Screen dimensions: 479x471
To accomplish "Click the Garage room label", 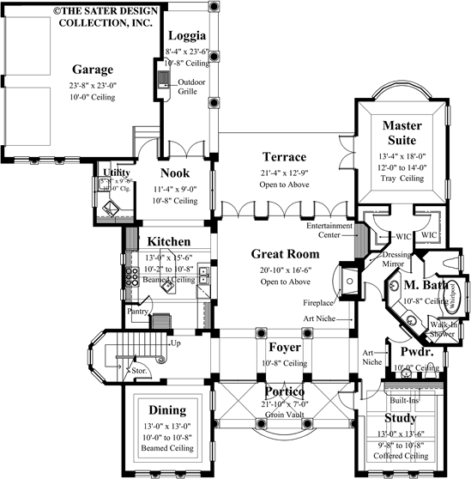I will click(94, 69).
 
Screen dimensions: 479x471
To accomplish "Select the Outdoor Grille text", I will click(191, 88).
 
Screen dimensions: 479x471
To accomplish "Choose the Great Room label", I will click(285, 254).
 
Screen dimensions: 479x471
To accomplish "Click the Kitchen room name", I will click(169, 242).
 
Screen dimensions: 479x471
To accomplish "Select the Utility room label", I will click(117, 173).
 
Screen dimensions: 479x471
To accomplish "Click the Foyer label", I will click(283, 349).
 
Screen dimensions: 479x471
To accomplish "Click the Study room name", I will click(400, 419).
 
